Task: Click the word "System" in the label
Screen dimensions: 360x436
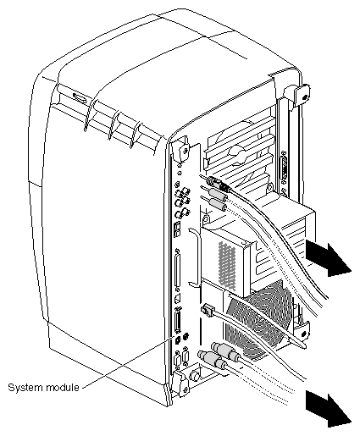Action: [25, 388]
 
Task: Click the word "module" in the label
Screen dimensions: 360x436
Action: [62, 388]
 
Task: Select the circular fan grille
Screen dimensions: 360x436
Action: [258, 322]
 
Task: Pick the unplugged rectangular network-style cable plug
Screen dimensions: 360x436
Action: [207, 308]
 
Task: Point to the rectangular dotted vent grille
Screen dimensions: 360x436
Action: [227, 266]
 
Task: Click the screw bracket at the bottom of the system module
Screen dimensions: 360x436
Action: [181, 384]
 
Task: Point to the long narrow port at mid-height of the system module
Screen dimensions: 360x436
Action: [178, 270]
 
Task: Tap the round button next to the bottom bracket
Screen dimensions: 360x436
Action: [195, 375]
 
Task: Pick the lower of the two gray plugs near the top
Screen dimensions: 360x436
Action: [217, 204]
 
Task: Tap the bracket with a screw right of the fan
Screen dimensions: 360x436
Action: [302, 332]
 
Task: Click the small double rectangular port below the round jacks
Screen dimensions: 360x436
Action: [177, 229]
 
